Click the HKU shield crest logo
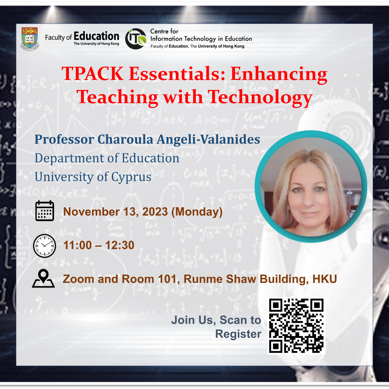point(30,39)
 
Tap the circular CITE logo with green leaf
point(136,39)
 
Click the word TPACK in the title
point(92,73)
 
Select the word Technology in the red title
point(260,97)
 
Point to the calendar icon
point(45,211)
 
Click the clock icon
point(44,246)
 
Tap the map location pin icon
point(43,278)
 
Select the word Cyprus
point(131,177)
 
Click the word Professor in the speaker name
point(64,140)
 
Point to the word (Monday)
point(197,212)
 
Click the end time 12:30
point(120,245)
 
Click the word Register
point(238,334)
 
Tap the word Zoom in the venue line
point(79,279)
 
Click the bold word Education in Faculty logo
point(96,36)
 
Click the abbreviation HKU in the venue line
point(325,279)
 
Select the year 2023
point(155,212)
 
